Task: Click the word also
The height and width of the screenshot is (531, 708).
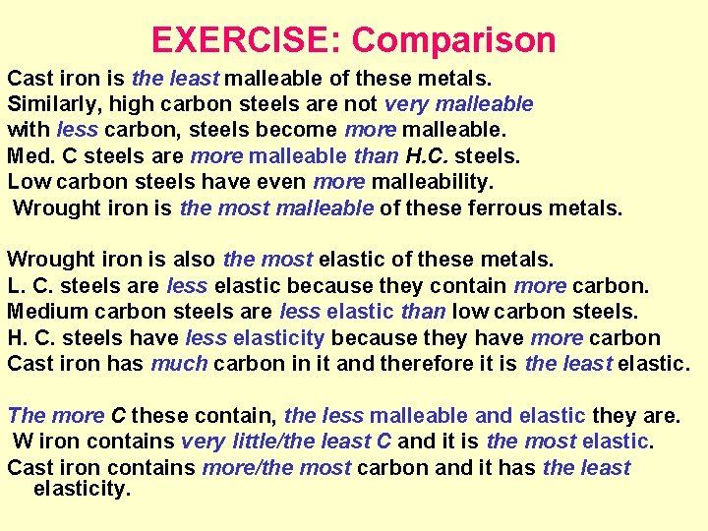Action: pyautogui.click(x=194, y=260)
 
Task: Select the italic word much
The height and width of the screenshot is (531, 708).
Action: pyautogui.click(x=179, y=364)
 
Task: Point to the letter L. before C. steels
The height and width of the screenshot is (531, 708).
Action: pyautogui.click(x=16, y=286)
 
